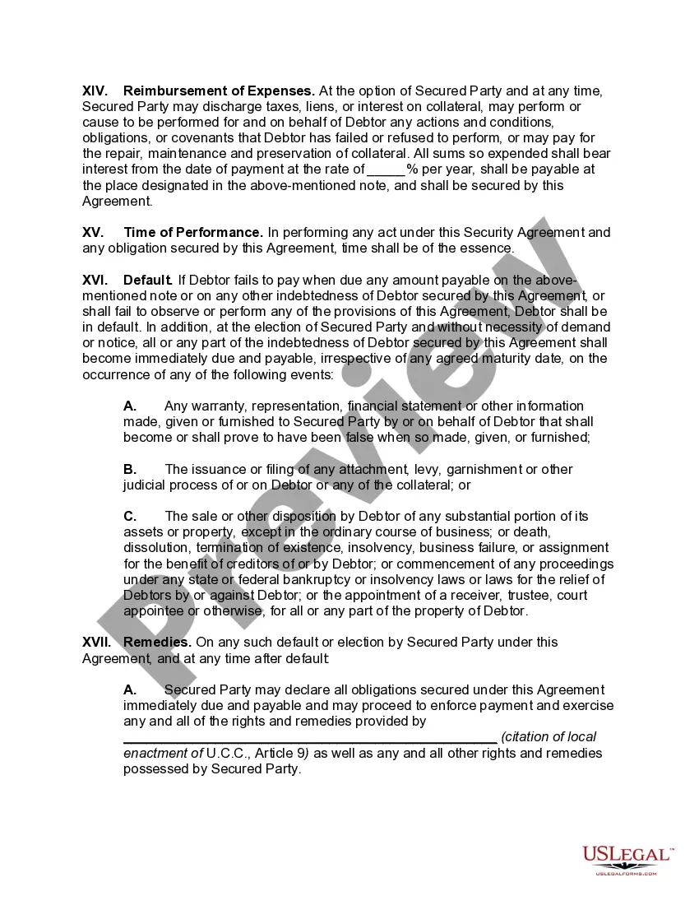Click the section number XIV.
point(95,90)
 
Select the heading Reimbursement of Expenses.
point(219,90)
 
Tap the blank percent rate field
point(386,169)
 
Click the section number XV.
point(93,232)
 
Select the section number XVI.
point(95,280)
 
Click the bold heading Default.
point(147,280)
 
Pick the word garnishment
point(485,469)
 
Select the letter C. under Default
point(130,516)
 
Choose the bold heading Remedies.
point(157,642)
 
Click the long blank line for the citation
point(309,737)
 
